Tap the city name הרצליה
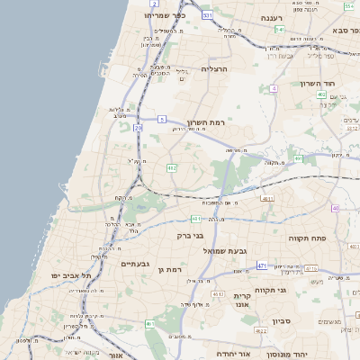coord(217,68)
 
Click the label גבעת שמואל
coord(238,250)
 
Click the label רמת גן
coord(169,269)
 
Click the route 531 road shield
coord(207,15)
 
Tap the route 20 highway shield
coord(138,128)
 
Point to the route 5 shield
coord(162,118)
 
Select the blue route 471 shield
coord(262,265)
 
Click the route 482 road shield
coord(170,167)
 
